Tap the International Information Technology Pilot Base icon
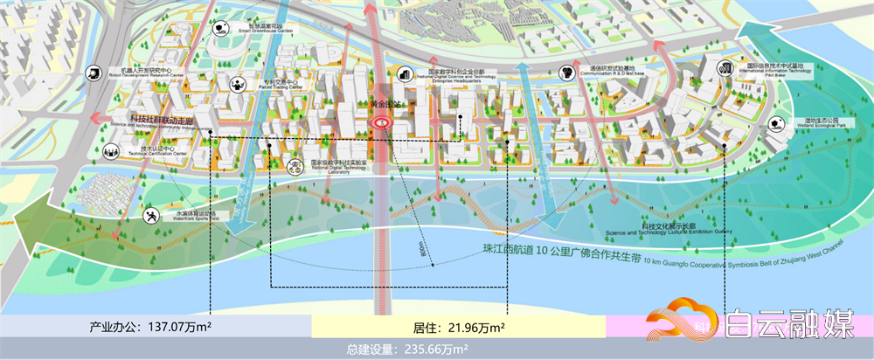[x=725, y=67]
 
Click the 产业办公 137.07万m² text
[x=152, y=327]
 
